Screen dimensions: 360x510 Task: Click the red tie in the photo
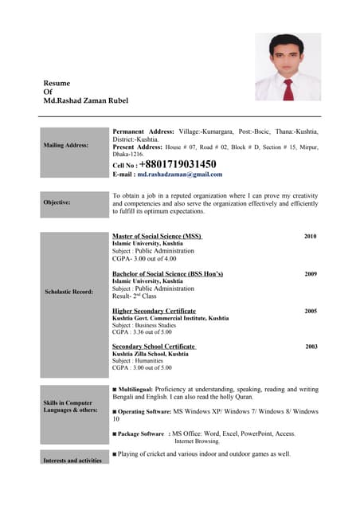click(288, 88)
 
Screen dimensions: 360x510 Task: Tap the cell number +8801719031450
click(177, 164)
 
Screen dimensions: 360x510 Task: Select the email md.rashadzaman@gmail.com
click(179, 175)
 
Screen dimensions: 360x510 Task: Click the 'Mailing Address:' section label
click(66, 146)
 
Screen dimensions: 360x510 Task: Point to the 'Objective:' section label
click(57, 203)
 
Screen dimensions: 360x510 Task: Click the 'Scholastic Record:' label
click(71, 292)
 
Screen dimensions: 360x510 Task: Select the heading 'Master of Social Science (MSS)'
click(157, 237)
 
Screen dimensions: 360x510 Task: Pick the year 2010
click(310, 237)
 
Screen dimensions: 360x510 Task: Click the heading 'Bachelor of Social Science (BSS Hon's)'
click(167, 273)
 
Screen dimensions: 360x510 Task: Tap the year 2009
click(310, 273)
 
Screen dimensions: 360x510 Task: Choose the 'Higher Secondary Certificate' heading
click(154, 311)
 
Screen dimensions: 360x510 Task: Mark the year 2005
click(311, 311)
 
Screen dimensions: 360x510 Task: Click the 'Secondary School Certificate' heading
click(154, 347)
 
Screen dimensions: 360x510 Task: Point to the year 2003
click(311, 347)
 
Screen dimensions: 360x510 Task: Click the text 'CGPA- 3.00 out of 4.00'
click(144, 259)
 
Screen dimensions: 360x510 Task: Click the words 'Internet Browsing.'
click(197, 441)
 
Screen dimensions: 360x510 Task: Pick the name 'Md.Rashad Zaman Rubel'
click(85, 101)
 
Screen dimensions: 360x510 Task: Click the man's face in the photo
click(288, 54)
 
